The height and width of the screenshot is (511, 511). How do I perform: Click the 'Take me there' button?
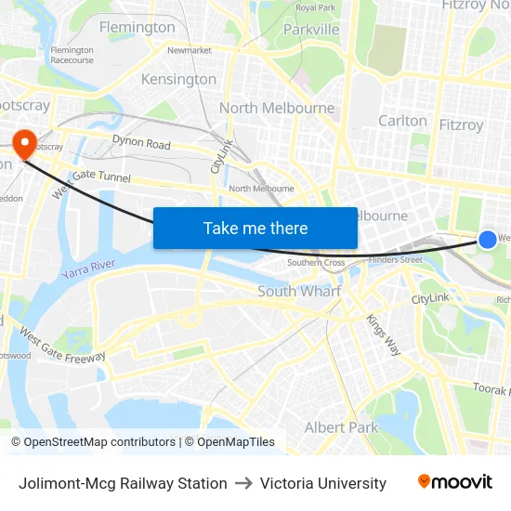[255, 228]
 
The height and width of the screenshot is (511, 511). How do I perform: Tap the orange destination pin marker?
[22, 143]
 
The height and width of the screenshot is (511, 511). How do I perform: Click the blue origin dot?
[488, 240]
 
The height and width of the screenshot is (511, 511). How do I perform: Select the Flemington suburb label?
[137, 27]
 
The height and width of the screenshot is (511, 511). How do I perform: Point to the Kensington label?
[178, 79]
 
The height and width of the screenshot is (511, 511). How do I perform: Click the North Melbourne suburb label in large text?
[277, 108]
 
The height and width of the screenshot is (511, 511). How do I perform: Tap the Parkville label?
[311, 30]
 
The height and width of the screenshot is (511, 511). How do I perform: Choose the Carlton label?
[402, 121]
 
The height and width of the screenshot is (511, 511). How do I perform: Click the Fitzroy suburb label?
[461, 124]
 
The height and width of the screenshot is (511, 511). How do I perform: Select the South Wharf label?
[299, 291]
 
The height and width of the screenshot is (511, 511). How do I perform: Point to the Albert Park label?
[342, 427]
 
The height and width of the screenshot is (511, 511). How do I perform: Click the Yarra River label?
[88, 271]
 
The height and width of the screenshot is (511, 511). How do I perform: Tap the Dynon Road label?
[141, 144]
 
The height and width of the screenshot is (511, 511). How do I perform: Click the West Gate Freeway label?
[62, 347]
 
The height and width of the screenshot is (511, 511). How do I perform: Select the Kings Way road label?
[383, 334]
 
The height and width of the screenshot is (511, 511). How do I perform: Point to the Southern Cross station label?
[316, 263]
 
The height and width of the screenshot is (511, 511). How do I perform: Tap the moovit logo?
[455, 482]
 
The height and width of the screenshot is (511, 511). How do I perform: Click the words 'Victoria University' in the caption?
[323, 483]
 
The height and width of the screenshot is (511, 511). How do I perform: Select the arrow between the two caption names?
[243, 483]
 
